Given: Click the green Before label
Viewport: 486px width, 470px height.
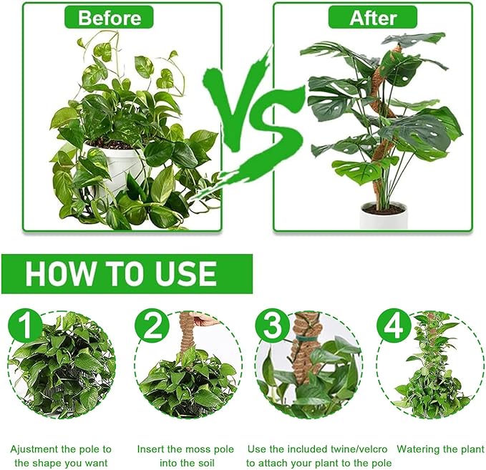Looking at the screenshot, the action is (109, 17).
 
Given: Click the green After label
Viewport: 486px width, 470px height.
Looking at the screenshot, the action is (373, 17).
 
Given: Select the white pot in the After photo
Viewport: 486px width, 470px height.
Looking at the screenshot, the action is (384, 215).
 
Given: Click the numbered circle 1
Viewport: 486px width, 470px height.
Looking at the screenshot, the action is (25, 325).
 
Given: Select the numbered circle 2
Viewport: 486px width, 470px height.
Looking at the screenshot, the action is (152, 325).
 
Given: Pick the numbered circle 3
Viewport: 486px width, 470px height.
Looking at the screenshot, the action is (273, 325).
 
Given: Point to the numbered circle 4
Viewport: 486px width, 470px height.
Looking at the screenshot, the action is (394, 325).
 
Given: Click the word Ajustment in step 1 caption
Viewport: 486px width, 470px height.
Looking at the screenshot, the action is (34, 449).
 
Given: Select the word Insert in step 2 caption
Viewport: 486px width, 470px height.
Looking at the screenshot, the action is (150, 449).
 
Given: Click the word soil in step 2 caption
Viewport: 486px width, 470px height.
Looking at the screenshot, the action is (206, 463).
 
